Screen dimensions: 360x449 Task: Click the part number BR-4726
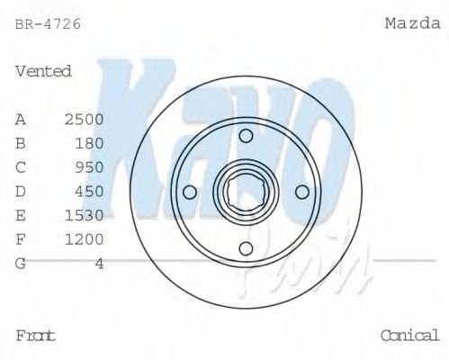coord(48,24)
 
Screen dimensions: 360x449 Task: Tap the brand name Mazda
coord(412,24)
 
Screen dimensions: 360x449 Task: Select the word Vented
coord(43,71)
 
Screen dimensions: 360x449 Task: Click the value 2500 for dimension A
coord(85,119)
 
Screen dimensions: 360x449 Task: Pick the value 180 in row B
coord(90,143)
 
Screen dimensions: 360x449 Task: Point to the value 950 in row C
coord(90,167)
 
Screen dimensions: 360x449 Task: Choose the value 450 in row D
coord(90,191)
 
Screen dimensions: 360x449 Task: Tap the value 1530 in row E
coord(85,215)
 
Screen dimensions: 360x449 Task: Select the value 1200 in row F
coord(85,239)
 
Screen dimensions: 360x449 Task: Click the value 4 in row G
coord(100,263)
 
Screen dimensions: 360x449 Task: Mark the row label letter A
coord(21,119)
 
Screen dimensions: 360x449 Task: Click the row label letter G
coord(21,263)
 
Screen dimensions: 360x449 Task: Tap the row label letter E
coord(21,215)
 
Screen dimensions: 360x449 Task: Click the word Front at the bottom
coord(35,336)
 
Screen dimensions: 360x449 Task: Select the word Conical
coord(409,336)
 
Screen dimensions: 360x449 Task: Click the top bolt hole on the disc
coord(246,136)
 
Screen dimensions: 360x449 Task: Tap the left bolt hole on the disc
coord(189,192)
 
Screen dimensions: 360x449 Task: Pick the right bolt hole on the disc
coord(302,192)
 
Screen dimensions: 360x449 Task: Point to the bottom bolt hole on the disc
coord(246,248)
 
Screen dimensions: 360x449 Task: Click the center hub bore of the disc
coord(246,192)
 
